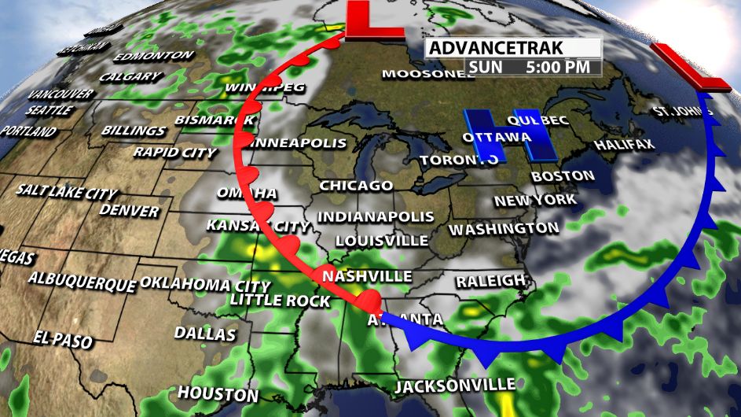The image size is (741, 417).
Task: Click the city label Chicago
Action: [356, 186]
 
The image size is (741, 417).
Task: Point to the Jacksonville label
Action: [455, 386]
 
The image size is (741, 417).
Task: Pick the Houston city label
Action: [218, 393]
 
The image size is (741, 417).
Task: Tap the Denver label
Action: [130, 211]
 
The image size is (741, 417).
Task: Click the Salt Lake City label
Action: [67, 192]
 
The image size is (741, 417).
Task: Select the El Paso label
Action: [63, 340]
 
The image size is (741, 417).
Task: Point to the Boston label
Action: [563, 175]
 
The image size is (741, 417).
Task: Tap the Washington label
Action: [504, 229]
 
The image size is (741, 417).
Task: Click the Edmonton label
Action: [153, 57]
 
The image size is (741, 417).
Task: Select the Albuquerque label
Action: [82, 280]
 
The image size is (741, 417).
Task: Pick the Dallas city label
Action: [204, 334]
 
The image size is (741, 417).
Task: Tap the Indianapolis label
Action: [376, 216]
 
